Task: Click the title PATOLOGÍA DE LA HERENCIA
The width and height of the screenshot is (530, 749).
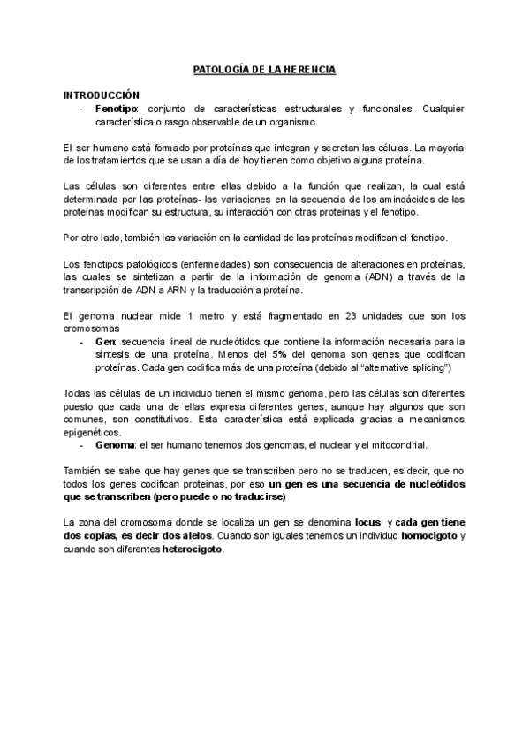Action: [x=264, y=68]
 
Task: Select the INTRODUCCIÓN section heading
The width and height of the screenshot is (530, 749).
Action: [x=102, y=94]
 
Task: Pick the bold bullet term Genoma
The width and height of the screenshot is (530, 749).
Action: [x=115, y=445]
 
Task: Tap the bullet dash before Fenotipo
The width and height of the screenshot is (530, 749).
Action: [x=81, y=108]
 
